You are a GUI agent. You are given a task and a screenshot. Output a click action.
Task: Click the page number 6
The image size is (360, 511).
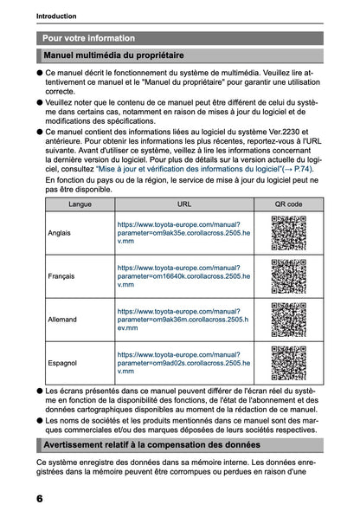coord(41,499)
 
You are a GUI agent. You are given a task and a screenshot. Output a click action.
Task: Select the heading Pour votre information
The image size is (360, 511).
coord(88,38)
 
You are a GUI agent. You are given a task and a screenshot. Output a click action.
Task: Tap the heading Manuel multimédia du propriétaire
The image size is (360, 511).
coord(119,56)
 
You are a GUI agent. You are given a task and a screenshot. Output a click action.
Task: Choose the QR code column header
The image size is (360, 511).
coord(288,204)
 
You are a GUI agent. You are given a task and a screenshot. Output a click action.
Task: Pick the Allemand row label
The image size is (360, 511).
coord(63,320)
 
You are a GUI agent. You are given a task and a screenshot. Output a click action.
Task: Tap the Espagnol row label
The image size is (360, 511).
coord(63,363)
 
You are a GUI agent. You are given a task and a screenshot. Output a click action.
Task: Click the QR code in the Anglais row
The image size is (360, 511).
coord(288,233)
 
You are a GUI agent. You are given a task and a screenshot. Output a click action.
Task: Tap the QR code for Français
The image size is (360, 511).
coord(288,276)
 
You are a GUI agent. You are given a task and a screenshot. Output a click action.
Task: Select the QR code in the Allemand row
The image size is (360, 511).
coord(288,320)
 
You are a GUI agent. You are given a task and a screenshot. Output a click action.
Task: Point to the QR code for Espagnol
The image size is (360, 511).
coord(288,363)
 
